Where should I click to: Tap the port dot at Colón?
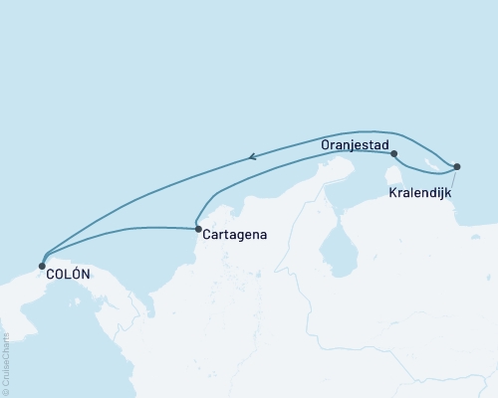coord(41,266)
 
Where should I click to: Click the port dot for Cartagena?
coord(197,229)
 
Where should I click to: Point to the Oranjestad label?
coord(354,144)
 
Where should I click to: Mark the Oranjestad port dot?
coord(394,153)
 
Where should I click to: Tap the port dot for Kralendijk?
coord(456,166)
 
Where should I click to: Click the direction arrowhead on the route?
coord(253,155)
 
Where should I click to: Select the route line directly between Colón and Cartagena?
coord(120,230)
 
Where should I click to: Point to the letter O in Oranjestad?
coord(326,144)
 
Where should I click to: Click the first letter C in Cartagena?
coord(205,237)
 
